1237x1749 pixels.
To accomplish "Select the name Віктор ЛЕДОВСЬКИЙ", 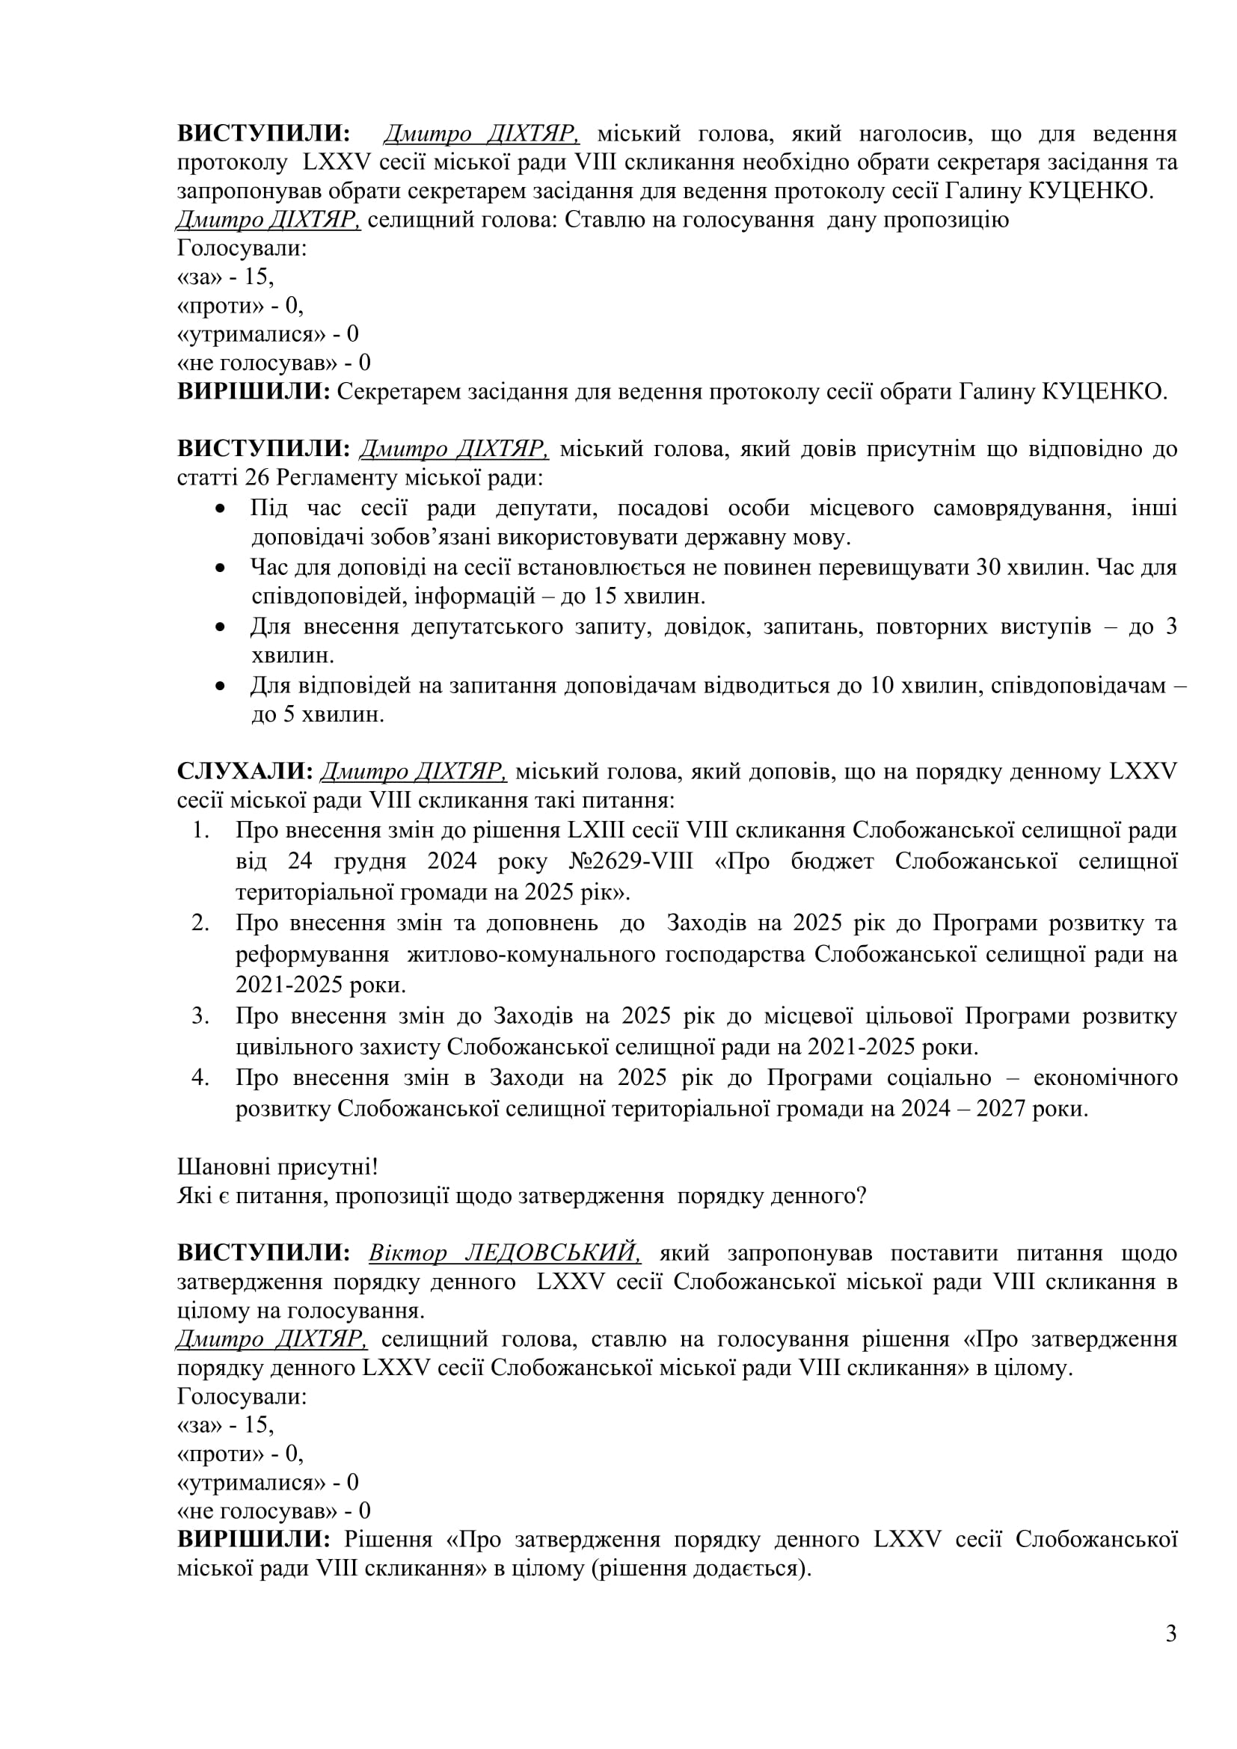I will (504, 1252).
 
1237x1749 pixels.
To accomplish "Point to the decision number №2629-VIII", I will (631, 861).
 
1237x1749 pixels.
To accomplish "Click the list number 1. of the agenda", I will (201, 829).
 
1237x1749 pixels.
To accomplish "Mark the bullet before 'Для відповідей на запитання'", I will (221, 686).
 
